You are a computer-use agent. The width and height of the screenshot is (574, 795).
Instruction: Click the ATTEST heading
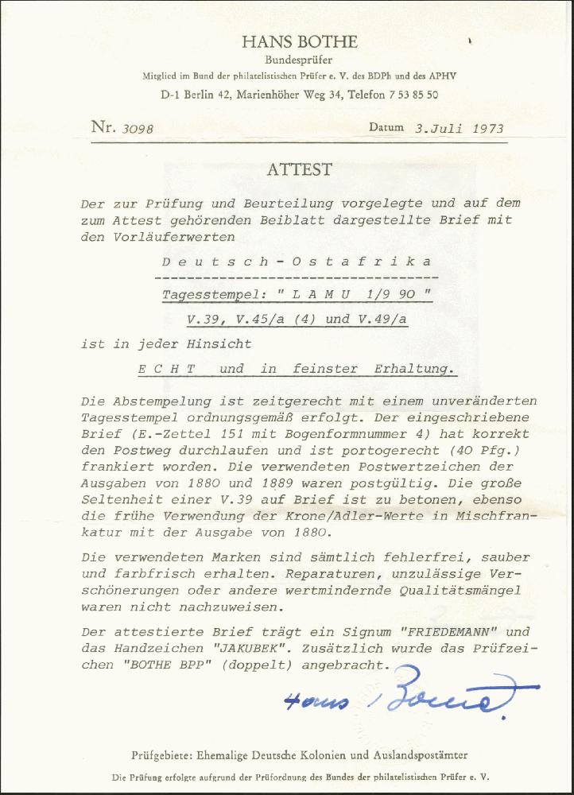click(x=299, y=170)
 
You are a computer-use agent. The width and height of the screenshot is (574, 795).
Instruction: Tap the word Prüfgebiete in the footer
click(x=162, y=754)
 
